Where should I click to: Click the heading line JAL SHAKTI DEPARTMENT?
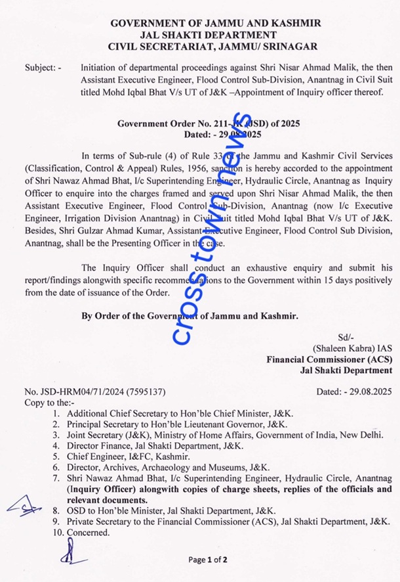(x=208, y=34)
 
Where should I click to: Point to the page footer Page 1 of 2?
(x=207, y=560)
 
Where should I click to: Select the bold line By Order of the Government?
(x=190, y=316)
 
